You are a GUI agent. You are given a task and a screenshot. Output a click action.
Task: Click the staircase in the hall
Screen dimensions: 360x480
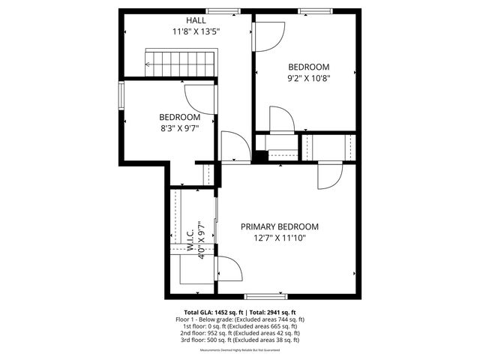(179, 62)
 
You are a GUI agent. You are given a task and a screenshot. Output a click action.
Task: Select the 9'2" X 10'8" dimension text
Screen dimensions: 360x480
(309, 77)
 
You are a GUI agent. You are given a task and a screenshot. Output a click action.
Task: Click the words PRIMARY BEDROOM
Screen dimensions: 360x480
(279, 227)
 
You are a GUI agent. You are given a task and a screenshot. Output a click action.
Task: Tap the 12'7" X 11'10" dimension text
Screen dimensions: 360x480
(279, 238)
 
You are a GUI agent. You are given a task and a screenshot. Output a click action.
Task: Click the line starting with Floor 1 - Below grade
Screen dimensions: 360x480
(240, 319)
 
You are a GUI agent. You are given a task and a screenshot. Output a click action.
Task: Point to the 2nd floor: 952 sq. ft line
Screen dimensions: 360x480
(240, 333)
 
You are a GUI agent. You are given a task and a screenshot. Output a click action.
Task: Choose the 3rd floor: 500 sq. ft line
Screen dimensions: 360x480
(240, 340)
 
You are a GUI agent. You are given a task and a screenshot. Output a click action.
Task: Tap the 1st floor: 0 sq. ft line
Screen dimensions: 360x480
(240, 326)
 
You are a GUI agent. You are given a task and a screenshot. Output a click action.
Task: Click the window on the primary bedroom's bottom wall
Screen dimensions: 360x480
(265, 296)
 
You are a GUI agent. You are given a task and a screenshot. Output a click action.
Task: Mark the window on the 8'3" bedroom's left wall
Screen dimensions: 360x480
(121, 96)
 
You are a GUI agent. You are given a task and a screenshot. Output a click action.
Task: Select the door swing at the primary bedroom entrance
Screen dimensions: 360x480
(328, 176)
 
